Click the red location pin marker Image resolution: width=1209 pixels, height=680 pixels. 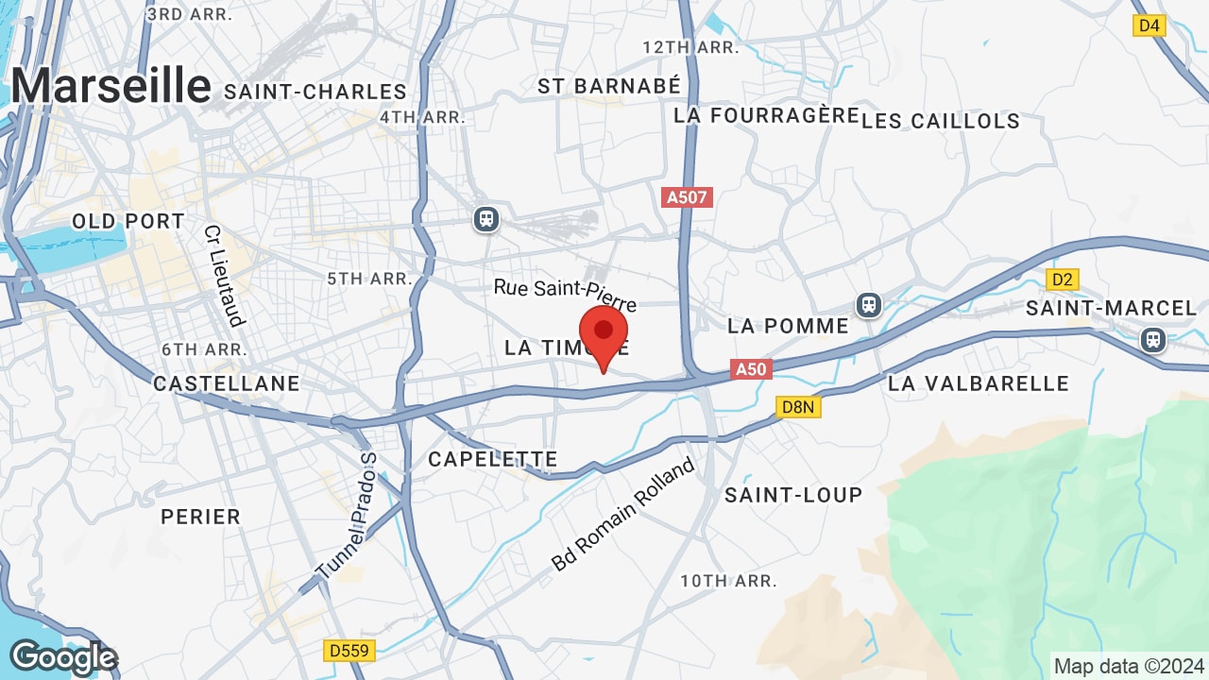pos(604,336)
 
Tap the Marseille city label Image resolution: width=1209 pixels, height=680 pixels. pos(111,86)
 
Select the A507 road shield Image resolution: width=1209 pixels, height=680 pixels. pos(688,197)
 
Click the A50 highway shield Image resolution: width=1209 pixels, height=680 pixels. pos(751,369)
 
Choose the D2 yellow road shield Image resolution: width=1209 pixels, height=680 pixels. pos(1063,280)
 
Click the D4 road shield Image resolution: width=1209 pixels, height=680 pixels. pos(1149,25)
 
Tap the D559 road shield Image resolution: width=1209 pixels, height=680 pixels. pos(349,651)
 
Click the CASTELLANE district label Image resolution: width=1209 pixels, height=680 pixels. pos(227,383)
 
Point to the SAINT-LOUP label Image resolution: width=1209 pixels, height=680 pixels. pos(793,495)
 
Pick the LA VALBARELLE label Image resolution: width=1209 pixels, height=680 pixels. pos(979,383)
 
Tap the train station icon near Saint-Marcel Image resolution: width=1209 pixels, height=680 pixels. pos(1152,339)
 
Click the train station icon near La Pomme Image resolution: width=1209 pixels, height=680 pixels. pos(868,305)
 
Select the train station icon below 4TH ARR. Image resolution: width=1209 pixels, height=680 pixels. pos(486,219)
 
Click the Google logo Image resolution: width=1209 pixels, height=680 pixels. pos(62,657)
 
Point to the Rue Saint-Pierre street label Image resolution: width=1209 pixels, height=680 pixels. pos(565,294)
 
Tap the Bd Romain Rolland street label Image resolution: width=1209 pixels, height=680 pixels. pos(623,515)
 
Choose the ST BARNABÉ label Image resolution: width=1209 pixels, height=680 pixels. pos(609,86)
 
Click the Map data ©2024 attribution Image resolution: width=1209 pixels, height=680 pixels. pos(1129,666)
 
